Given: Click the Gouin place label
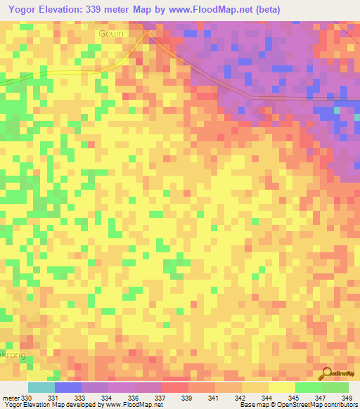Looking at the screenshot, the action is [x=111, y=33].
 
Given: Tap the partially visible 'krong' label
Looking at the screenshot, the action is [x=14, y=355].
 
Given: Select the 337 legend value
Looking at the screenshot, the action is [x=161, y=398].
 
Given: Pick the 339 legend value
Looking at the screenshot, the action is [x=188, y=398].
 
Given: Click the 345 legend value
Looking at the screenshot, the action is [x=295, y=398].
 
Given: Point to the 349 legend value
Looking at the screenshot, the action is [x=347, y=398].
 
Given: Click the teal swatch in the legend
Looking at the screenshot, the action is [x=41, y=387].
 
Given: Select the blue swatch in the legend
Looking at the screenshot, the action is [x=67, y=387].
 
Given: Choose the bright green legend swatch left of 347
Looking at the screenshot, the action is [x=308, y=387].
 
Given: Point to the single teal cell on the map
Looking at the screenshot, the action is [x=336, y=110].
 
